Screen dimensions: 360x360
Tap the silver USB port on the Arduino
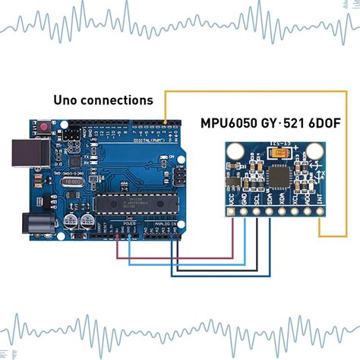pyautogui.click(x=24, y=156)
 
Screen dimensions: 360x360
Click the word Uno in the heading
pyautogui.click(x=69, y=100)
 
